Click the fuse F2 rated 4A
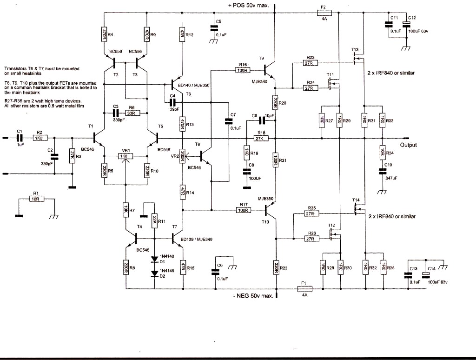tap(324, 13)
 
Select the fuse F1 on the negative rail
tap(304, 289)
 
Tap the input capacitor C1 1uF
tap(20, 138)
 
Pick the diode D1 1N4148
tap(153, 260)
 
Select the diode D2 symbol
tap(153, 274)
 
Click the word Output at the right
tap(408, 145)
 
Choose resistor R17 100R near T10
tap(243, 210)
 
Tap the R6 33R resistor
tap(133, 113)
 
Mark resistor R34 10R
tap(382, 152)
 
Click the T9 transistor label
tap(261, 58)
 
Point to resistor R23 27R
tap(307, 63)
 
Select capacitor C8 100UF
tap(247, 172)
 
